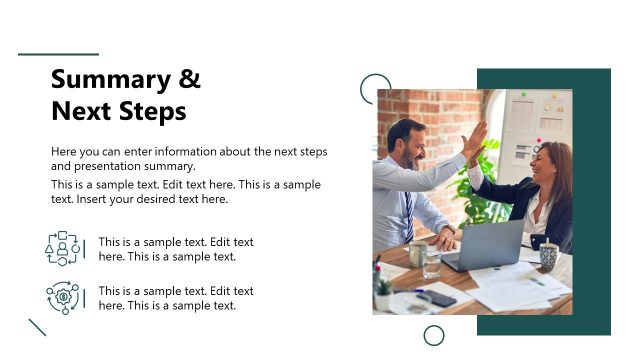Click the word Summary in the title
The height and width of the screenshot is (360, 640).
coord(108,80)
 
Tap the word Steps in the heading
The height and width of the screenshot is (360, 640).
coord(150,111)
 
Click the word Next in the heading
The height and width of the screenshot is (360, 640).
coord(79,111)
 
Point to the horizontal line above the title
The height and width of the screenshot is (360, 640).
coord(59,54)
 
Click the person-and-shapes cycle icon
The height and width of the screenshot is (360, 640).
coord(62,248)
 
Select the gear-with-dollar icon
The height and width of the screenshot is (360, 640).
coord(62,298)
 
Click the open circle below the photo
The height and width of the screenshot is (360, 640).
coord(434,335)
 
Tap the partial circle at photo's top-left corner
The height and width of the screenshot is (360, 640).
coord(373,87)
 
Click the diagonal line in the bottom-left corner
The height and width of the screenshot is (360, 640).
coord(38,327)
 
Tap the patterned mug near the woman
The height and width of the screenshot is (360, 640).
coord(548,256)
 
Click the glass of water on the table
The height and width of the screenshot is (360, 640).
coord(431,262)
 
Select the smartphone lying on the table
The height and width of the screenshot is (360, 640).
coord(437,298)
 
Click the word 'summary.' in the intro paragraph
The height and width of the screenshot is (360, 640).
coord(170,166)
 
